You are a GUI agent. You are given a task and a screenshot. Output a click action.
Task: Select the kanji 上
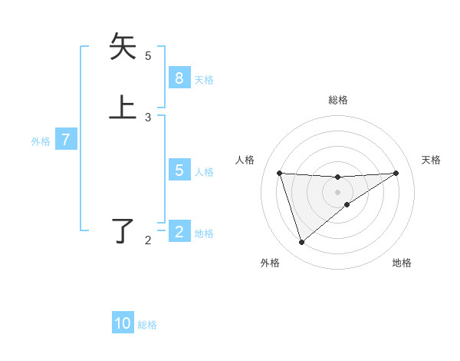pyautogui.click(x=123, y=107)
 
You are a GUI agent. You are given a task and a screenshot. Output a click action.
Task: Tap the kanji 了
pyautogui.click(x=123, y=230)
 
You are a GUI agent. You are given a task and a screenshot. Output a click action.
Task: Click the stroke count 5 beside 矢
pyautogui.click(x=148, y=55)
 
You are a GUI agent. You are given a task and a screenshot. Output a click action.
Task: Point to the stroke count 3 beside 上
pyautogui.click(x=148, y=117)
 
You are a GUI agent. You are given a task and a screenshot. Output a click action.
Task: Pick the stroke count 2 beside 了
pyautogui.click(x=148, y=240)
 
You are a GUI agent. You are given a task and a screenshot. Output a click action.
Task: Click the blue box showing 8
pyautogui.click(x=179, y=78)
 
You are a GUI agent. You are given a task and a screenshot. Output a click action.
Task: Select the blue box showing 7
pyautogui.click(x=66, y=140)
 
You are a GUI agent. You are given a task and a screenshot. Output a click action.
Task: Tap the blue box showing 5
pyautogui.click(x=179, y=171)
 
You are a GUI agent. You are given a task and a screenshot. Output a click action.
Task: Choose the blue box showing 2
pyautogui.click(x=179, y=232)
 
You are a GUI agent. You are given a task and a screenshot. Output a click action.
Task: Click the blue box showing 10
pyautogui.click(x=123, y=323)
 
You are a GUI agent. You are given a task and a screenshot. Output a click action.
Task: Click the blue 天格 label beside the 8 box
pyautogui.click(x=204, y=79)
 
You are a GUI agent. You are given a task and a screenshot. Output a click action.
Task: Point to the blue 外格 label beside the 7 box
pyautogui.click(x=41, y=141)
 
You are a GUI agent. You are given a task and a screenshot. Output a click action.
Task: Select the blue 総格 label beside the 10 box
pyautogui.click(x=147, y=324)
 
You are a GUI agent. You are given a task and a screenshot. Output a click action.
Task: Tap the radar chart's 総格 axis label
pyautogui.click(x=337, y=100)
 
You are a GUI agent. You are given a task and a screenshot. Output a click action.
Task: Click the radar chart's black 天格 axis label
pyautogui.click(x=431, y=160)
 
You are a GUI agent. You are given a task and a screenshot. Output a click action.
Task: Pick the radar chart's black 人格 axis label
pyautogui.click(x=245, y=160)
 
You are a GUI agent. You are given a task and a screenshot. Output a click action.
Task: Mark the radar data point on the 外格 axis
pyautogui.click(x=301, y=243)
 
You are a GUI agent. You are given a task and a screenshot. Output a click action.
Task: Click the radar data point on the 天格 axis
pyautogui.click(x=396, y=173)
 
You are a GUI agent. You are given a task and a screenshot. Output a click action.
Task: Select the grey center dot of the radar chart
pyautogui.click(x=337, y=192)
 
